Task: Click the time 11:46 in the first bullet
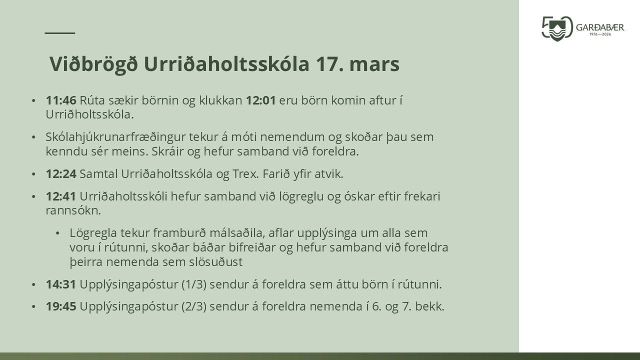[61, 100]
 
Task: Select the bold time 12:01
[261, 100]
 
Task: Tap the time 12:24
[61, 174]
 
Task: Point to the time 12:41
[61, 196]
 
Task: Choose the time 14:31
[61, 284]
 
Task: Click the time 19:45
[61, 306]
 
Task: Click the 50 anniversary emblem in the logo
[557, 28]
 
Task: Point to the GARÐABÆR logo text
[600, 27]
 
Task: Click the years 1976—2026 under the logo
[600, 34]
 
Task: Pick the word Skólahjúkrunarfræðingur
[115, 137]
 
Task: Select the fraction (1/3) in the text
[194, 285]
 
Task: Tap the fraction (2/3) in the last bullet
[194, 307]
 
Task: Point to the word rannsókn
[73, 211]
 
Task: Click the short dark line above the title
[60, 33]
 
